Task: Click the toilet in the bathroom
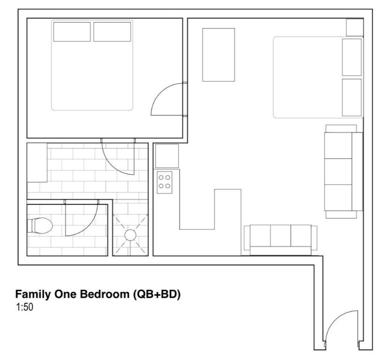pos(40,226)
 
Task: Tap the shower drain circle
pos(130,235)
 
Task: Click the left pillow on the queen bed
pos(72,32)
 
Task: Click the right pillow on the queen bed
pos(112,32)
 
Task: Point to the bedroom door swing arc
pos(160,92)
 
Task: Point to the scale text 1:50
pos(24,307)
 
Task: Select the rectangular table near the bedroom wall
pos(219,55)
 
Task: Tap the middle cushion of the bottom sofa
pos(281,235)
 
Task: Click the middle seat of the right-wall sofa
pos(338,172)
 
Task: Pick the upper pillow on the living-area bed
pos(352,57)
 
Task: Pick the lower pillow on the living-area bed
pos(352,97)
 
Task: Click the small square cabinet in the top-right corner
pos(355,27)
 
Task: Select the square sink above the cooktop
pos(167,156)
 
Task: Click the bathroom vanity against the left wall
pos(37,163)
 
